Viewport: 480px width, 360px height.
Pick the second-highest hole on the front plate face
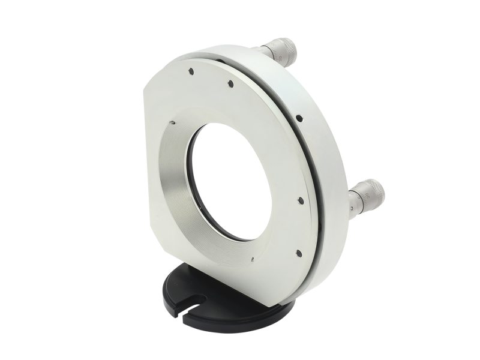[229, 84]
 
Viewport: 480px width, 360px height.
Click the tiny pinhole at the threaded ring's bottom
[253, 259]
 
